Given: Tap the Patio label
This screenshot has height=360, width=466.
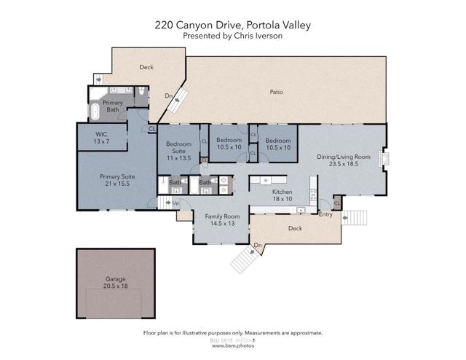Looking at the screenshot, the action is tap(276, 92).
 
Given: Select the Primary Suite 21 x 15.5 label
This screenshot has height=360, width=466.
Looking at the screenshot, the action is tap(117, 180).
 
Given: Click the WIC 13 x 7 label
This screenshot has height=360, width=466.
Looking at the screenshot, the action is tap(101, 138).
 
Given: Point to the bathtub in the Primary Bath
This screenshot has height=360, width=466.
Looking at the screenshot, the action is tap(95, 111).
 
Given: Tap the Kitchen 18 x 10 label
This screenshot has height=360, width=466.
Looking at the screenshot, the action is tap(283, 195).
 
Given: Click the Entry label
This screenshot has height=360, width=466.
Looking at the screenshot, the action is tap(325, 214).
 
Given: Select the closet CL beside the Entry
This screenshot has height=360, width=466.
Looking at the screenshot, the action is tap(337, 203).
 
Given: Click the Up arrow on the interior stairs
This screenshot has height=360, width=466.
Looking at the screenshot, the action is tap(168, 203).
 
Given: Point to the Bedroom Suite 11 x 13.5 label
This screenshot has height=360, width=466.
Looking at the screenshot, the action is tap(178, 151).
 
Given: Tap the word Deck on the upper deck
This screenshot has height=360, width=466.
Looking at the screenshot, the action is tap(146, 67).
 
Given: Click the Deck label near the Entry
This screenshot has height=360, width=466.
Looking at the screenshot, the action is tap(295, 228).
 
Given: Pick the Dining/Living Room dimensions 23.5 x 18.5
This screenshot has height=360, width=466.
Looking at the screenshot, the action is tap(344, 164).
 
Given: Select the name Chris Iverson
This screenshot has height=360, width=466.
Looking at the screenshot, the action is tap(258, 36).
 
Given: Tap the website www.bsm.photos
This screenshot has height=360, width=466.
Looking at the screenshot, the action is tap(233, 345).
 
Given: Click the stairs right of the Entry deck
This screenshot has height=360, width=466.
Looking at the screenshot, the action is tap(355, 218).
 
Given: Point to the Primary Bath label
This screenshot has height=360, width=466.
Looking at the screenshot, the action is tap(113, 106).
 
